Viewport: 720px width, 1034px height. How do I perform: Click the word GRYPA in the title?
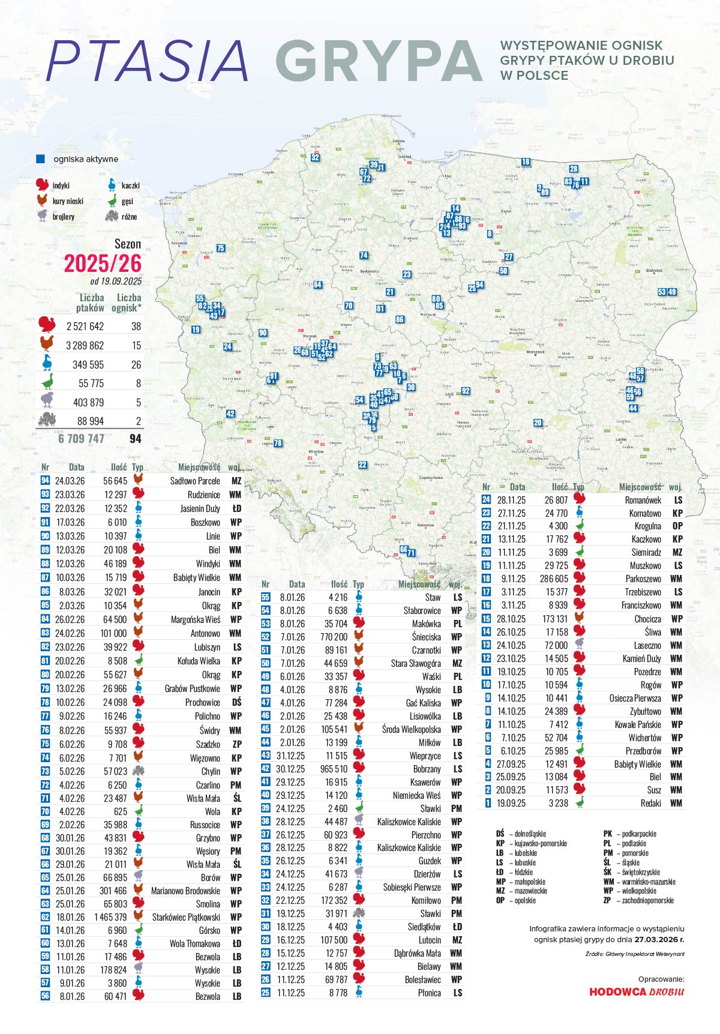[x=379, y=61]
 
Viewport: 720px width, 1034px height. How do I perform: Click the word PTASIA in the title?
[x=147, y=61]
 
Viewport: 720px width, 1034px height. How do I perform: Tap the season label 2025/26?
[x=103, y=263]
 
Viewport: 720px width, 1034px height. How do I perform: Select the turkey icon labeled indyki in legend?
[x=42, y=185]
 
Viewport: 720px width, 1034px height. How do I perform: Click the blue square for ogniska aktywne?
[x=41, y=159]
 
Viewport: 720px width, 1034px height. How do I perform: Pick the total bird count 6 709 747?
[x=81, y=439]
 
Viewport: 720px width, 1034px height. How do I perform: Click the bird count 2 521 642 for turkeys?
[x=85, y=326]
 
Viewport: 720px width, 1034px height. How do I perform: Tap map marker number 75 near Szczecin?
[x=220, y=248]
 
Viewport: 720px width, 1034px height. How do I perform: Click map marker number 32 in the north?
[x=315, y=158]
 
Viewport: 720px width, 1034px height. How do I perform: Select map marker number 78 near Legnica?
[x=278, y=443]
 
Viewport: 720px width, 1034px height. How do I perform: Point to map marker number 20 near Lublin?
[x=538, y=422]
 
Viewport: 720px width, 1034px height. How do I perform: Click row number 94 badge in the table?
[x=45, y=481]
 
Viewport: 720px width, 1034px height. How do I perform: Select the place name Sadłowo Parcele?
[x=195, y=481]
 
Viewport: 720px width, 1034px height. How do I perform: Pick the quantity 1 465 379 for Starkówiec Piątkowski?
[x=110, y=917]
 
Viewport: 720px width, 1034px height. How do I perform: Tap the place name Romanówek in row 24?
[x=643, y=500]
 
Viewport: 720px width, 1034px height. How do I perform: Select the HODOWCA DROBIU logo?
[x=636, y=991]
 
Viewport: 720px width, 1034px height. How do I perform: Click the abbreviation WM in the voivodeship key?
[x=608, y=882]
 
